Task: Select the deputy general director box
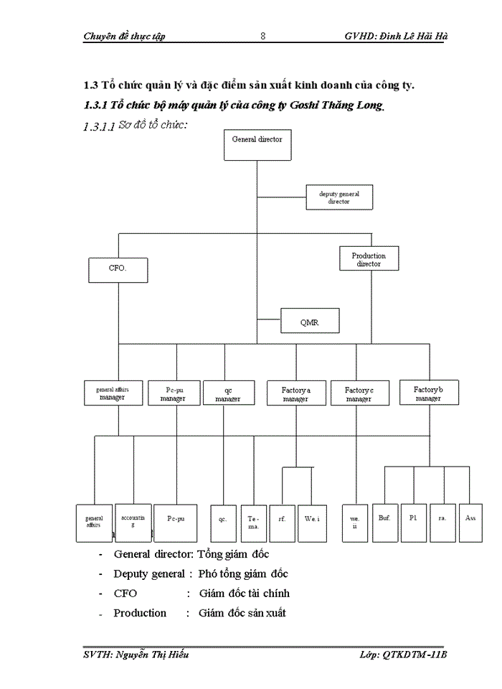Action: coord(339,197)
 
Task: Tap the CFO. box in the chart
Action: coord(118,270)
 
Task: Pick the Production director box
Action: coord(369,259)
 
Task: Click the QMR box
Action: coord(309,322)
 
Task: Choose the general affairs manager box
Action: coord(113,393)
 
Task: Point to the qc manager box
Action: coord(228,393)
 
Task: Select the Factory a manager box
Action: coord(295,393)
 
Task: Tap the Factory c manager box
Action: coord(359,393)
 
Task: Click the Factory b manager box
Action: coord(429,393)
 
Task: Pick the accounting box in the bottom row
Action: coord(133,522)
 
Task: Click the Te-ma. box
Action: coord(254,522)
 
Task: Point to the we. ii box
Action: coord(355,522)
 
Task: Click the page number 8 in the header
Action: coord(262,36)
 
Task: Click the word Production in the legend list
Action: coord(140,613)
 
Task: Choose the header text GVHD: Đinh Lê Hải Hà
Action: coord(397,36)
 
